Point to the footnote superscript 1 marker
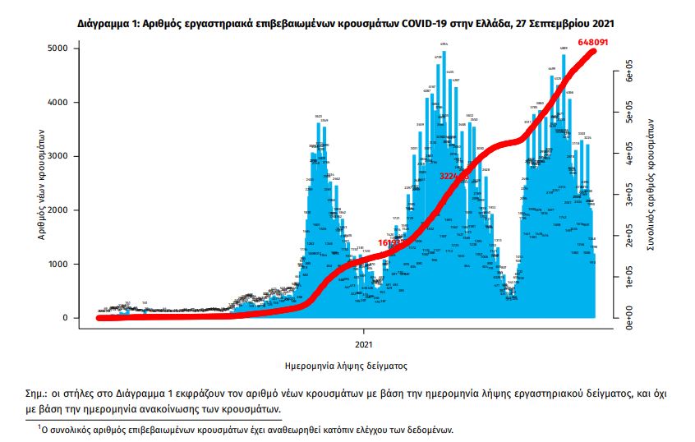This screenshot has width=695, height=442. point(39,426)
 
